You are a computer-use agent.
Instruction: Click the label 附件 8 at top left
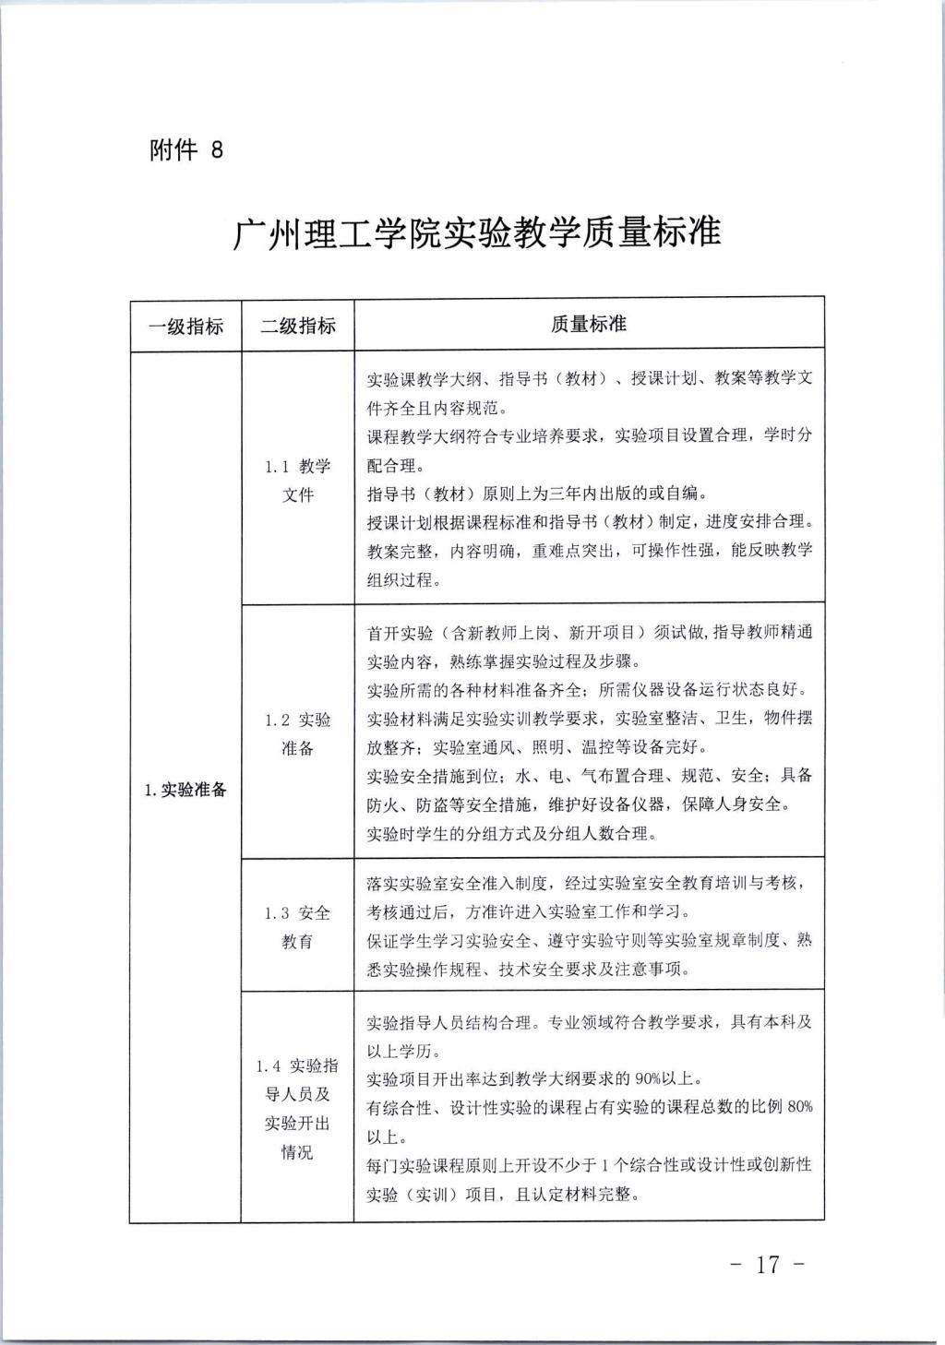186,149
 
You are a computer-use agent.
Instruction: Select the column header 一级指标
185,326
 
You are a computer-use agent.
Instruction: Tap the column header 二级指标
297,326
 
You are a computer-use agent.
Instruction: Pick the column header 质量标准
588,325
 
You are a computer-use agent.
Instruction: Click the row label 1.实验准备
185,790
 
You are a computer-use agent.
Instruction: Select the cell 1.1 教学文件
297,481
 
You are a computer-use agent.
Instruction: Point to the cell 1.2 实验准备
297,733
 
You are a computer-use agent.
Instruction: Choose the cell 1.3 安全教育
297,927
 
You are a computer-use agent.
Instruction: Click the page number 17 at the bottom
768,1264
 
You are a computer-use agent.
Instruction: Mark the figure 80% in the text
799,1107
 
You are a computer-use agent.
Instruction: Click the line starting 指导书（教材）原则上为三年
538,494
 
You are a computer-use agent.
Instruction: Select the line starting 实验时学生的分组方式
511,834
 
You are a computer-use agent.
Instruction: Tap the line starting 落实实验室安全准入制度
589,884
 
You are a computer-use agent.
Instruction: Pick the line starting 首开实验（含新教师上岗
589,633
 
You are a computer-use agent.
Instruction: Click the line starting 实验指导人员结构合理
589,1022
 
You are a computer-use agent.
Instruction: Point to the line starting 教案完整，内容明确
589,551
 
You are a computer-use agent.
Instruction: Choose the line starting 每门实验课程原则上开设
589,1165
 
